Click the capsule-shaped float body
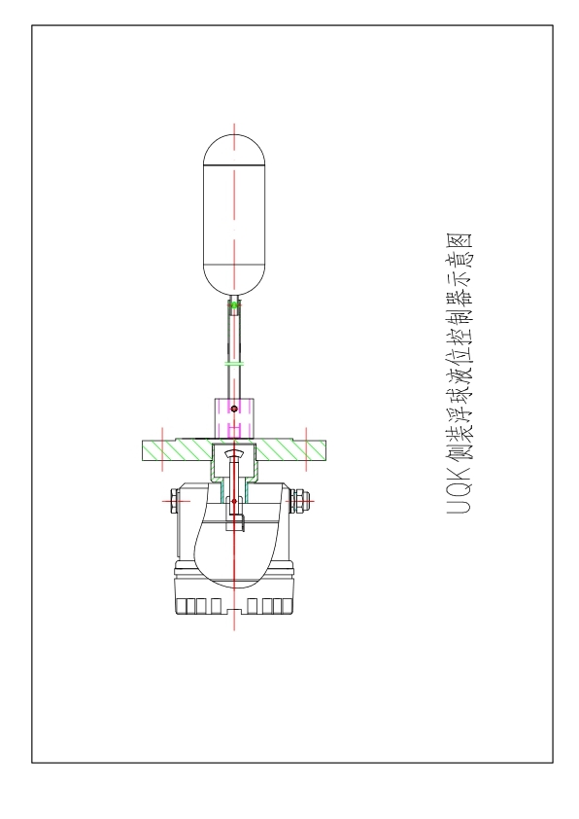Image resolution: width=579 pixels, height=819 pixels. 234,215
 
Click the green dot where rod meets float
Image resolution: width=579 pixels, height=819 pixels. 234,304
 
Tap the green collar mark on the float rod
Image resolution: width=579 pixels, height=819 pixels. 234,363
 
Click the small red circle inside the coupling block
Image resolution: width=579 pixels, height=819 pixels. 234,409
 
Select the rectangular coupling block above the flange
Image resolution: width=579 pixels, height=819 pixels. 234,418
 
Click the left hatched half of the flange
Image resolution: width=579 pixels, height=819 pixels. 178,450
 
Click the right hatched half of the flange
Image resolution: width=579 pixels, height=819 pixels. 290,450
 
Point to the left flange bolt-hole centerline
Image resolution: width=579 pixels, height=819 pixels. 163,449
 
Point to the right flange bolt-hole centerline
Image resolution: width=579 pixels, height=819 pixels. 306,449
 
